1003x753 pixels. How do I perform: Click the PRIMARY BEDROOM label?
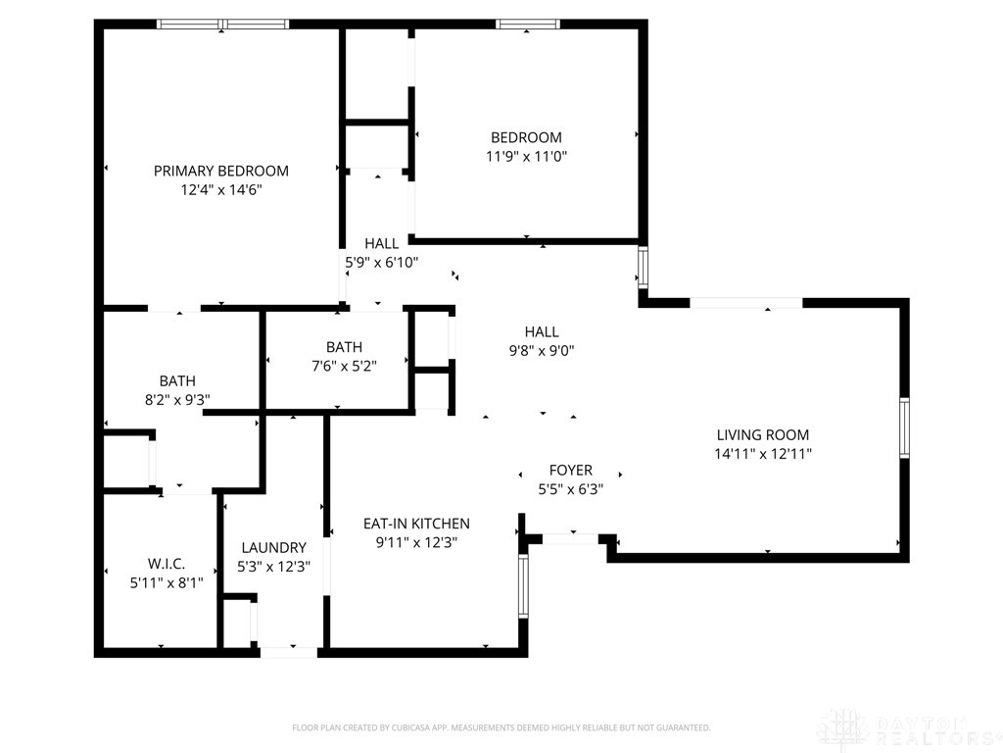tap(220, 171)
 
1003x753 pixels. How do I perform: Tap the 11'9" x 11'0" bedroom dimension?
tap(526, 156)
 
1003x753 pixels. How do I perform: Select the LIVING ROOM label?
tap(762, 435)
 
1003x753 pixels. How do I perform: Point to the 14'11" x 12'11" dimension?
tap(762, 454)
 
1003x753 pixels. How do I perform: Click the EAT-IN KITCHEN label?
tap(416, 524)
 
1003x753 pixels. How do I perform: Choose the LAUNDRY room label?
tap(274, 548)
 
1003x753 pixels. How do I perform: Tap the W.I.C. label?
tap(167, 564)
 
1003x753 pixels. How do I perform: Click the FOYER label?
tap(571, 471)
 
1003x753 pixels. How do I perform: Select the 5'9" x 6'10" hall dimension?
tap(382, 262)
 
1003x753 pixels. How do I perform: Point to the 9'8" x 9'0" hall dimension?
tap(542, 350)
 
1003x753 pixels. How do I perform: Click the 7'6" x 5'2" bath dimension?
tap(344, 367)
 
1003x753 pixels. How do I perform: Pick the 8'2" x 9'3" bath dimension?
tap(177, 400)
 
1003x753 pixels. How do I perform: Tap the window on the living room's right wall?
tap(904, 427)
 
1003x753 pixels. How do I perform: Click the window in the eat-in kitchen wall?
tap(523, 586)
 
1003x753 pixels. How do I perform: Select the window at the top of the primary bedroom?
tap(222, 25)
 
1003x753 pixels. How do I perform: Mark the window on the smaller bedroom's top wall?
tap(528, 25)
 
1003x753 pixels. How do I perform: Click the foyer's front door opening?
tap(571, 539)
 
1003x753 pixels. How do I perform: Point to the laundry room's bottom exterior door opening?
tap(289, 652)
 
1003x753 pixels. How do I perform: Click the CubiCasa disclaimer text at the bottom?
tap(501, 728)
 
